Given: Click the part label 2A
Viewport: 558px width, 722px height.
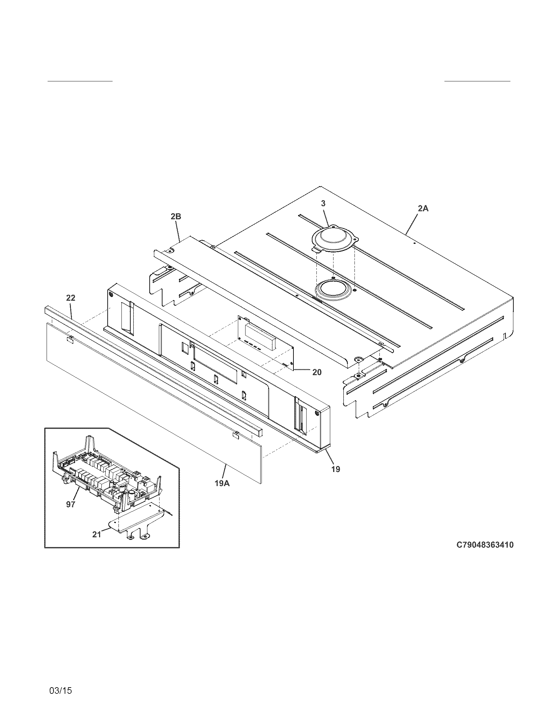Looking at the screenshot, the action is point(423,208).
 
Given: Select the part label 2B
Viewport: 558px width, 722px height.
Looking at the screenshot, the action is point(176,217).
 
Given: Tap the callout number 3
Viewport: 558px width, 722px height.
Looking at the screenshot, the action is point(323,204).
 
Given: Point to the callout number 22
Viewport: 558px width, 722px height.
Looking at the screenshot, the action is point(71,298).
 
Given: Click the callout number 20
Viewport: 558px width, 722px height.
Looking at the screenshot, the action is point(317,372).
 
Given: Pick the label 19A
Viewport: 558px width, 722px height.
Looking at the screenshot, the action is point(222,483).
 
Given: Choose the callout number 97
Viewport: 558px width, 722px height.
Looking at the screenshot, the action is point(71,504).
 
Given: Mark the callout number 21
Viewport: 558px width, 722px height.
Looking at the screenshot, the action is point(97,534).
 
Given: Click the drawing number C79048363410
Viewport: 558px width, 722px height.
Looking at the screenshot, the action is point(485,545).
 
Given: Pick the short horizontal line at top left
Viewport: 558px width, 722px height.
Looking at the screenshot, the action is point(80,81).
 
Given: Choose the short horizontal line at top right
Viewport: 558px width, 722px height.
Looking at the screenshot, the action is point(477,81).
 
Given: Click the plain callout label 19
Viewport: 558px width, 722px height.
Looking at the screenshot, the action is point(335,469).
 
